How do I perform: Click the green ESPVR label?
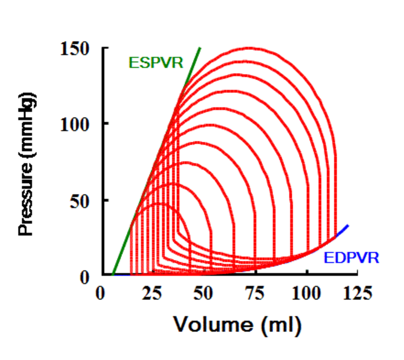[x=156, y=62]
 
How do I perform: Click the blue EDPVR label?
[x=351, y=259]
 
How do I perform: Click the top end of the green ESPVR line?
[x=200, y=47]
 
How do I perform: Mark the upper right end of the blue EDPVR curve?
[x=348, y=225]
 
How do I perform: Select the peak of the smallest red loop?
[x=158, y=204]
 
